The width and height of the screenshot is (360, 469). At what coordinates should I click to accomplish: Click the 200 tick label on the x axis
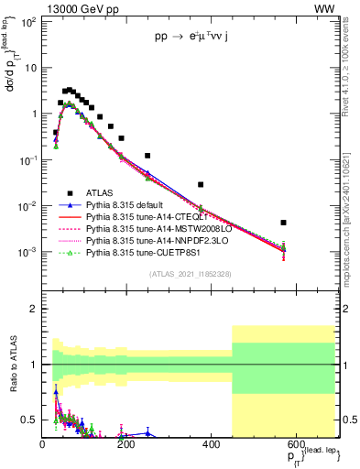click(x=126, y=443)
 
